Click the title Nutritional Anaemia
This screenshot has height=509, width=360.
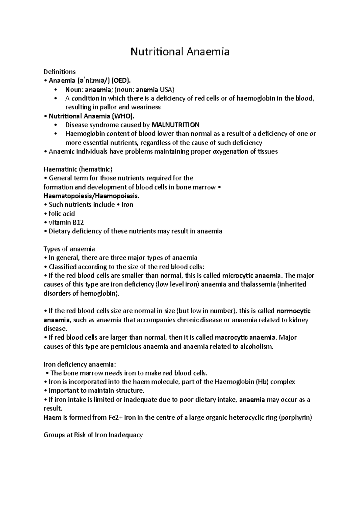[x=180, y=52]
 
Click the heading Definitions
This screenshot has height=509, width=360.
[x=59, y=72]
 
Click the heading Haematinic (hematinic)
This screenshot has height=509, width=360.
[x=78, y=169]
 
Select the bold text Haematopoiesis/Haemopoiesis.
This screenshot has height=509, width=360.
[x=91, y=196]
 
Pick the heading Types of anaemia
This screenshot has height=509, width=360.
[x=69, y=249]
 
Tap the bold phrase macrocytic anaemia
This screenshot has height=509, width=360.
[x=245, y=338]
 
